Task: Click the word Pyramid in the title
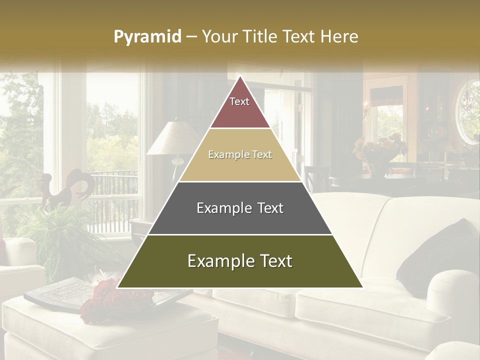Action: (x=147, y=37)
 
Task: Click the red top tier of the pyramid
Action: (x=240, y=112)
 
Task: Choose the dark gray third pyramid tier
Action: (x=240, y=220)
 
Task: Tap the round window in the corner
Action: (x=469, y=112)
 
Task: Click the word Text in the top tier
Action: (x=239, y=101)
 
